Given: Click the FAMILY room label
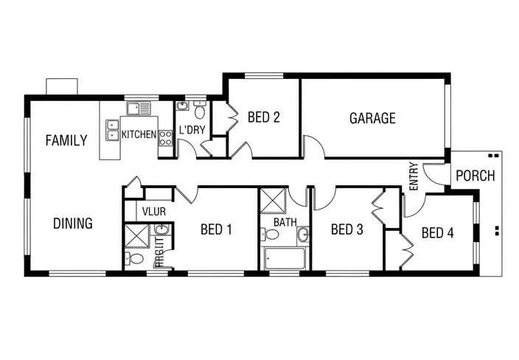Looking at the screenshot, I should click(66, 140).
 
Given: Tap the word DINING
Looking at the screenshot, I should click(73, 223).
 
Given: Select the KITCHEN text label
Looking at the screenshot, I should click(139, 134).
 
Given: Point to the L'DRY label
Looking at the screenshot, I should click(192, 131).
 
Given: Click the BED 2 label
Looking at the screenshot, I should click(263, 117).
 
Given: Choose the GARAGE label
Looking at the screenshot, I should click(372, 118).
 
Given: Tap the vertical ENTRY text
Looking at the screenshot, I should click(413, 177).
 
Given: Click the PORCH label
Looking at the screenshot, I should click(476, 176).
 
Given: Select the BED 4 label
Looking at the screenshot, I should click(437, 233).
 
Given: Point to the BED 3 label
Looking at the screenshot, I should click(346, 229).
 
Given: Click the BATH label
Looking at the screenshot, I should click(285, 221).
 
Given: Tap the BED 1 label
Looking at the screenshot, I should click(216, 229).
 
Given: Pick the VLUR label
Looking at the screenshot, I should click(154, 212).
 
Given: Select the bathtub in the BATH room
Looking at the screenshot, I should click(283, 259).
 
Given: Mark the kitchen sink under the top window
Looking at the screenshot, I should click(138, 109).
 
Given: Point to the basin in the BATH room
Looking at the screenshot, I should click(302, 235).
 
